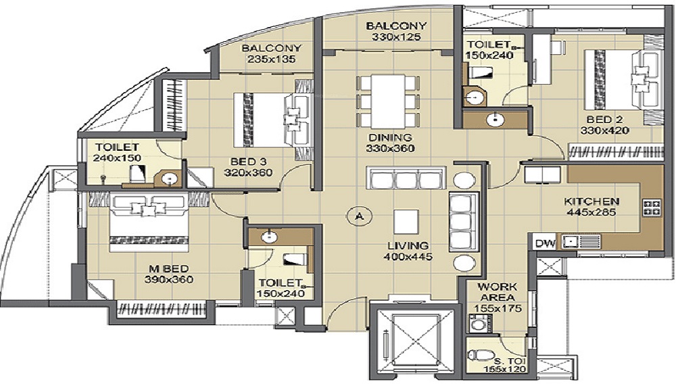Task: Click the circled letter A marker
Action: coord(359,216)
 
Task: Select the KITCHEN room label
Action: coord(592,201)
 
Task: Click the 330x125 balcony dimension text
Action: coord(395,37)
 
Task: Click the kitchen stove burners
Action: coord(652,208)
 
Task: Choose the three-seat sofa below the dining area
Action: coord(404,178)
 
